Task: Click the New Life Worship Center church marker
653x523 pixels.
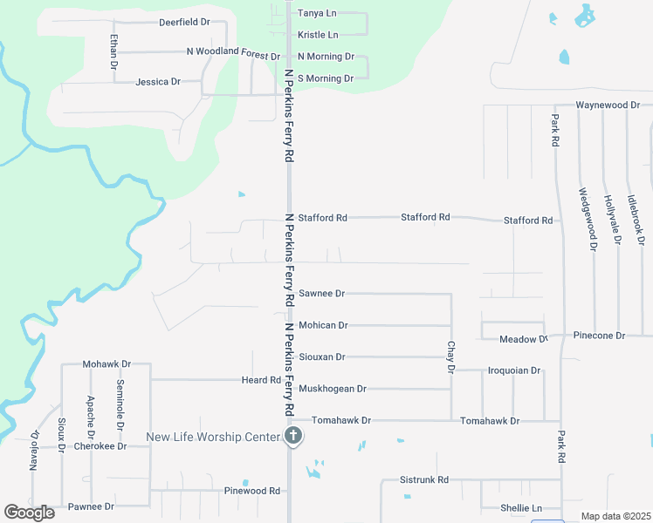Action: (294, 437)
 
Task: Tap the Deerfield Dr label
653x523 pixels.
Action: (185, 22)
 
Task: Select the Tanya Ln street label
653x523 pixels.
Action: (317, 14)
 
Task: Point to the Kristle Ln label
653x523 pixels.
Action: (318, 35)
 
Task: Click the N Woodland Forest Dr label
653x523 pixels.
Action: (233, 52)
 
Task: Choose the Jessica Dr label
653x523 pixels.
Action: (158, 82)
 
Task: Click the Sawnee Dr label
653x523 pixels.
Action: (322, 294)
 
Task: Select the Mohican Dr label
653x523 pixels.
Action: (323, 325)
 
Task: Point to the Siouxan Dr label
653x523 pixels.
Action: (322, 357)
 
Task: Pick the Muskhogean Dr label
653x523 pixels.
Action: (333, 389)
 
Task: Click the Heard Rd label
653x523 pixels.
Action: (262, 380)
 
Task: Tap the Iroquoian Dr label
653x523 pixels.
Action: (514, 370)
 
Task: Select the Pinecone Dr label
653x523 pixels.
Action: (599, 336)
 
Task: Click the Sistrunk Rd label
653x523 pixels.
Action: (423, 480)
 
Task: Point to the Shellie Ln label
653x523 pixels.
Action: (521, 508)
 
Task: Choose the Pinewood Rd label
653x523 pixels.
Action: (252, 491)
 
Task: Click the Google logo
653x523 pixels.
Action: (30, 513)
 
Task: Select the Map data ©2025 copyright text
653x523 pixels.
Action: (615, 516)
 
